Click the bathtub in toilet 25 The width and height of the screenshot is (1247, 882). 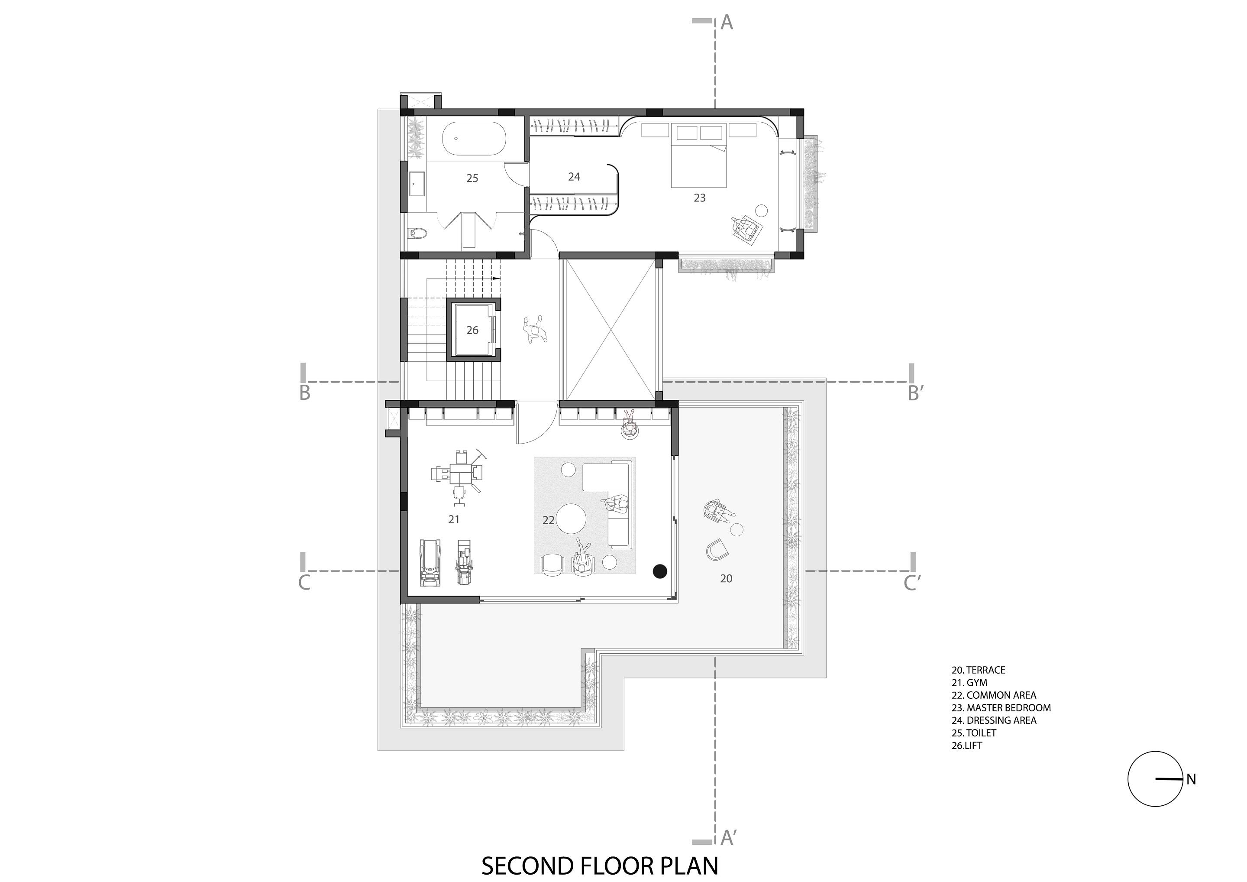[474, 139]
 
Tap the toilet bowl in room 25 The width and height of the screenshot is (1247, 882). [418, 233]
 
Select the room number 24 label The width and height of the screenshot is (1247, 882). [574, 177]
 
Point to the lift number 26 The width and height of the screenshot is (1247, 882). [472, 330]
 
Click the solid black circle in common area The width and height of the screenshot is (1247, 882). [659, 571]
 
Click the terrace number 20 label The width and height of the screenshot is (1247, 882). [726, 579]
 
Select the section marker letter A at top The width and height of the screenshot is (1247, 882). [727, 23]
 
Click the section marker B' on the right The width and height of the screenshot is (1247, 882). [916, 393]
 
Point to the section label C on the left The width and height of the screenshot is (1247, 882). [304, 583]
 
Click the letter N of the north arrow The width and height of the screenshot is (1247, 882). [1191, 779]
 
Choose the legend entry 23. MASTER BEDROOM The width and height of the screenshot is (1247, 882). [1001, 707]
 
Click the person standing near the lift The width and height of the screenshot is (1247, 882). [535, 330]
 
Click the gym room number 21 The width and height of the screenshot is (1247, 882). [454, 519]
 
